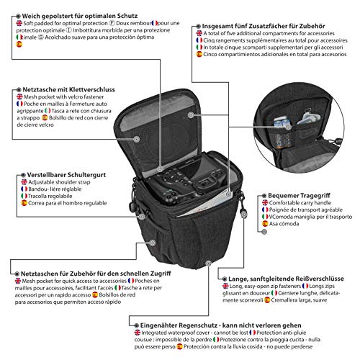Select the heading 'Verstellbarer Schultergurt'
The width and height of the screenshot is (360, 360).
[60, 174]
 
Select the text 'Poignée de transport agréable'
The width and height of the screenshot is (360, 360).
[302, 213]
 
